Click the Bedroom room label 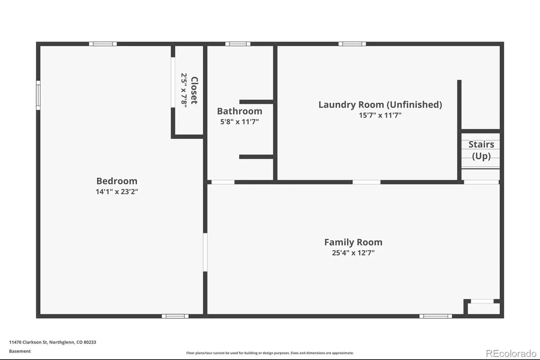[117, 181]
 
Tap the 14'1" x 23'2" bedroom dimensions [117, 191]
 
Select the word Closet [194, 91]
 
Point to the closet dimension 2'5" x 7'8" [184, 91]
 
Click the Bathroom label [240, 111]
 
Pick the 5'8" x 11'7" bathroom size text [240, 122]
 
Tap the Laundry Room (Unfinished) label [380, 105]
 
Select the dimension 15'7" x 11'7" [380, 115]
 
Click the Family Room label [353, 242]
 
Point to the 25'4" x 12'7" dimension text [353, 253]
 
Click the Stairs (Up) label [481, 150]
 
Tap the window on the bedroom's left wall [38, 95]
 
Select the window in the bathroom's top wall [238, 44]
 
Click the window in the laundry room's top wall [352, 44]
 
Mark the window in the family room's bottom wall [436, 316]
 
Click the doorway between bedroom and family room [205, 252]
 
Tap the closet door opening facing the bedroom [173, 82]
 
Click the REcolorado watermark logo [511, 354]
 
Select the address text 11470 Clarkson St [28, 342]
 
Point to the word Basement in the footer [20, 351]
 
